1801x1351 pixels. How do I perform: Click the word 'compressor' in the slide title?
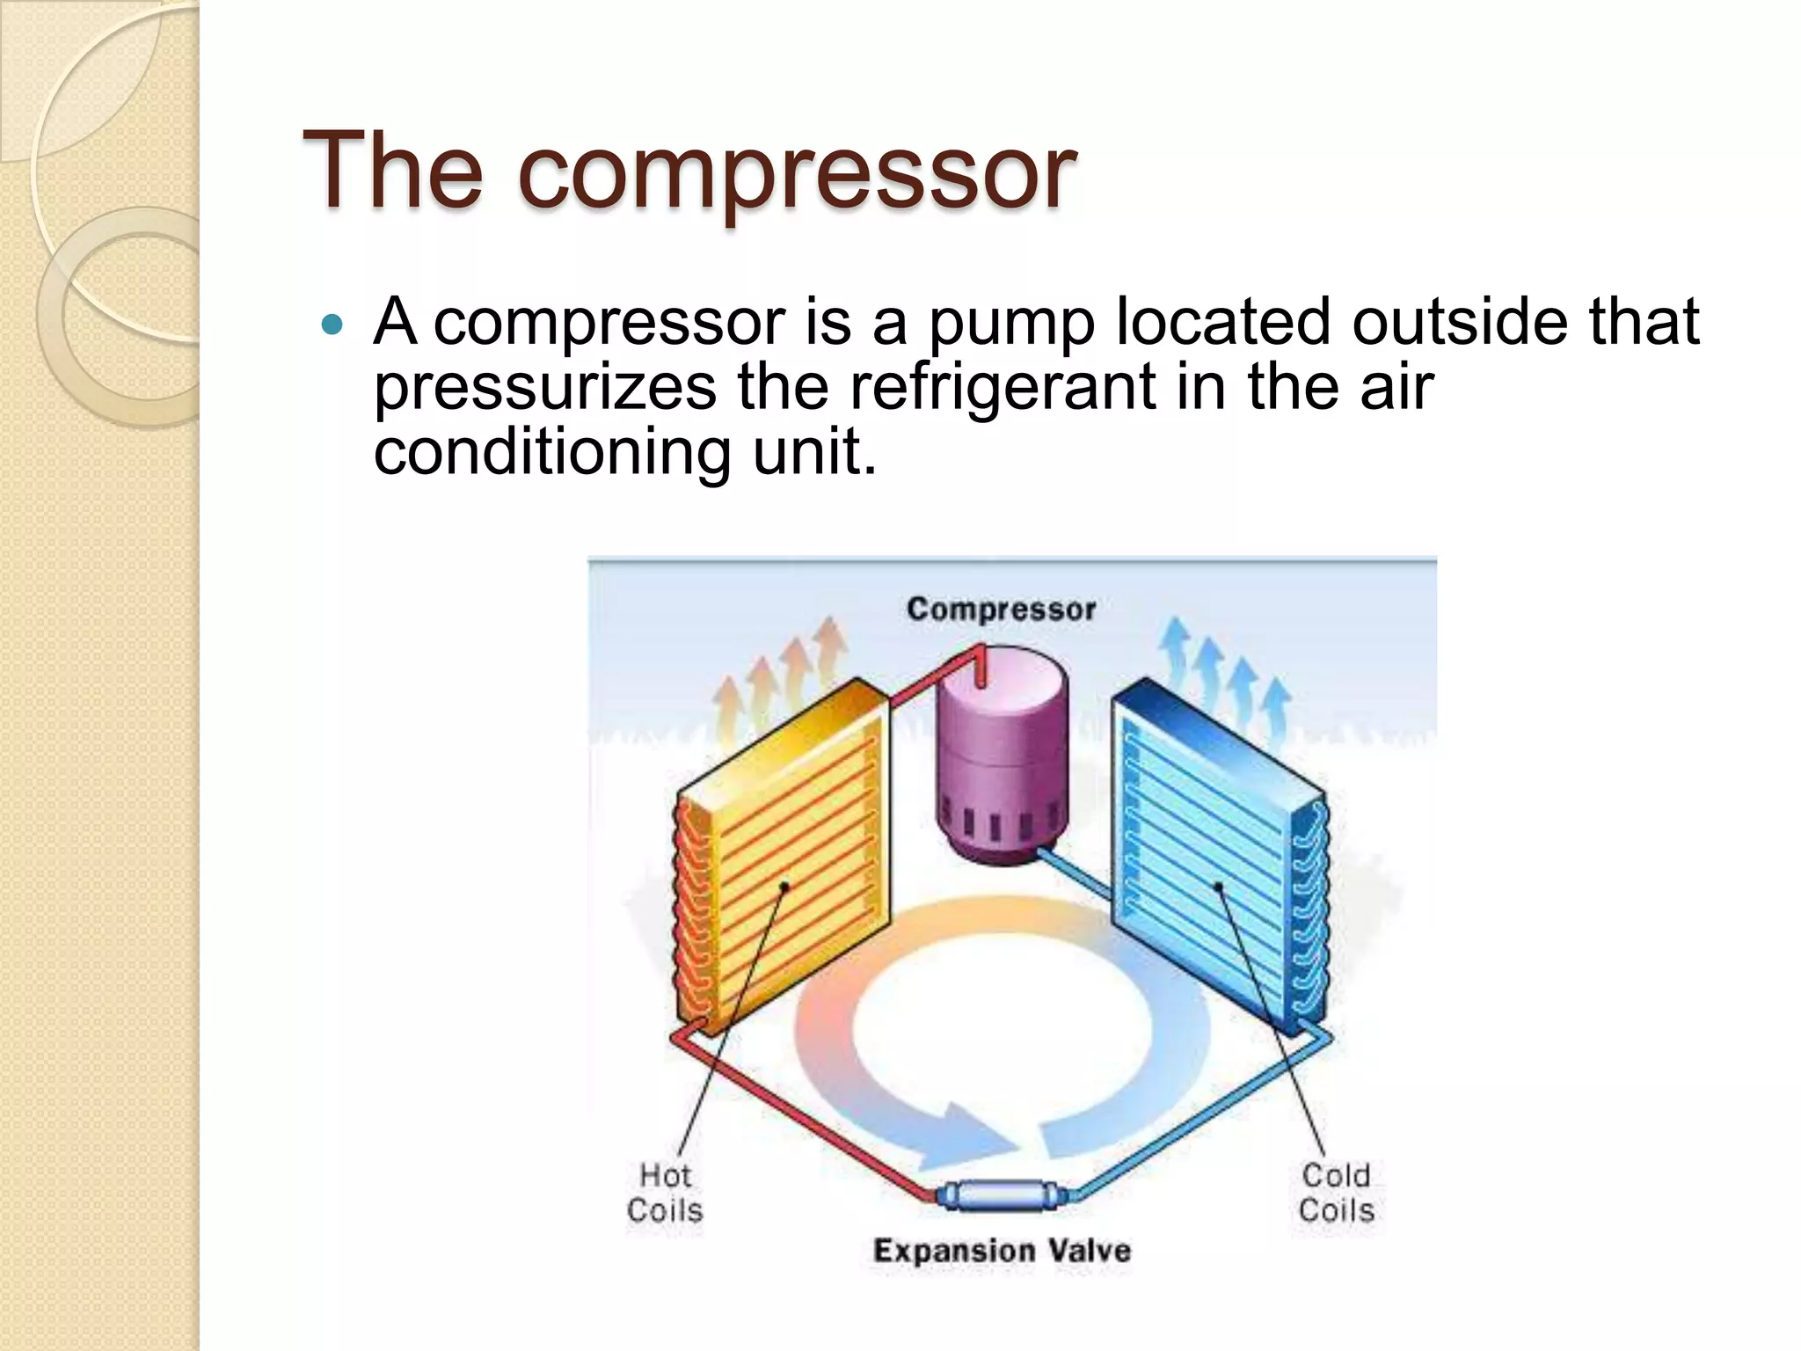point(798,172)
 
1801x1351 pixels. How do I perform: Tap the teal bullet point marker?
point(332,325)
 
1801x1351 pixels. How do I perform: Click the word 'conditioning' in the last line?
point(552,452)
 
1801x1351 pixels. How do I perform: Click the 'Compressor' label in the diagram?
point(1001,610)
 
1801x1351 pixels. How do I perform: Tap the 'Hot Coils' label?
point(665,1193)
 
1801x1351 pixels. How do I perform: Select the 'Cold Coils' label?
point(1336,1193)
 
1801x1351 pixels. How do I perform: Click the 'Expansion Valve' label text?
point(1002,1251)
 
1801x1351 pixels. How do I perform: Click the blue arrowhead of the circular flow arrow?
point(976,1135)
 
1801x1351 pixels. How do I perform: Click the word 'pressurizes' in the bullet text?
point(545,389)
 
